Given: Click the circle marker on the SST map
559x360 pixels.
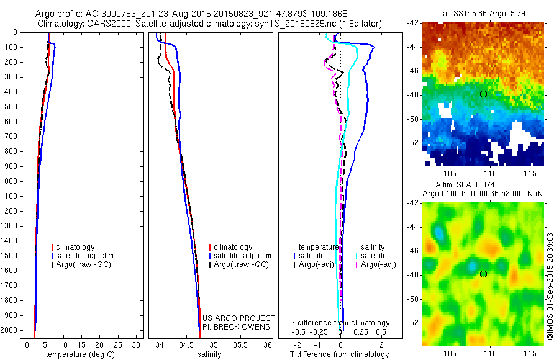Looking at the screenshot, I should tap(483, 94).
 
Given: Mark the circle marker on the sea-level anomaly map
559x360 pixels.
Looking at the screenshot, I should tap(483, 274).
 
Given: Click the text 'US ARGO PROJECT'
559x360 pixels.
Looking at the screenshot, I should tap(239, 318).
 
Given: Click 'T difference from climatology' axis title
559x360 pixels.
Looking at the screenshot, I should tap(340, 354).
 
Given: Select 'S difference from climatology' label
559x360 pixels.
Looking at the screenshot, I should tap(340, 323).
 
